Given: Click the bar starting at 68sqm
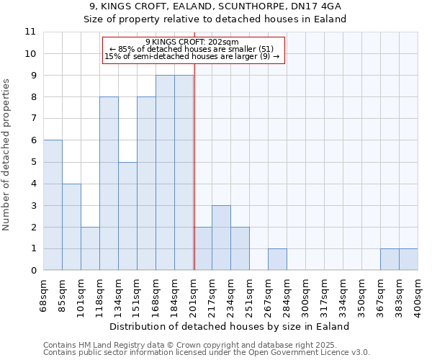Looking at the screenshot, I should (53, 205).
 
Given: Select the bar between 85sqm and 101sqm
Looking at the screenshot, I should (71, 227).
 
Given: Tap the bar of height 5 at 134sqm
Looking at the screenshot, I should (127, 216).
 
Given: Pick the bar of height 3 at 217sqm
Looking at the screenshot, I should (221, 238).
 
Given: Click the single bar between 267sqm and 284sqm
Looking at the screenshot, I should (277, 259).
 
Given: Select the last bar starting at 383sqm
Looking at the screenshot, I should (408, 259).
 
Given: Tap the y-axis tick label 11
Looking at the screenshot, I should (30, 32).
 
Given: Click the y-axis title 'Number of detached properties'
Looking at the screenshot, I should (6, 156).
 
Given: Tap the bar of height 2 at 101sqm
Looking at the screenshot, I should (90, 248).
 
